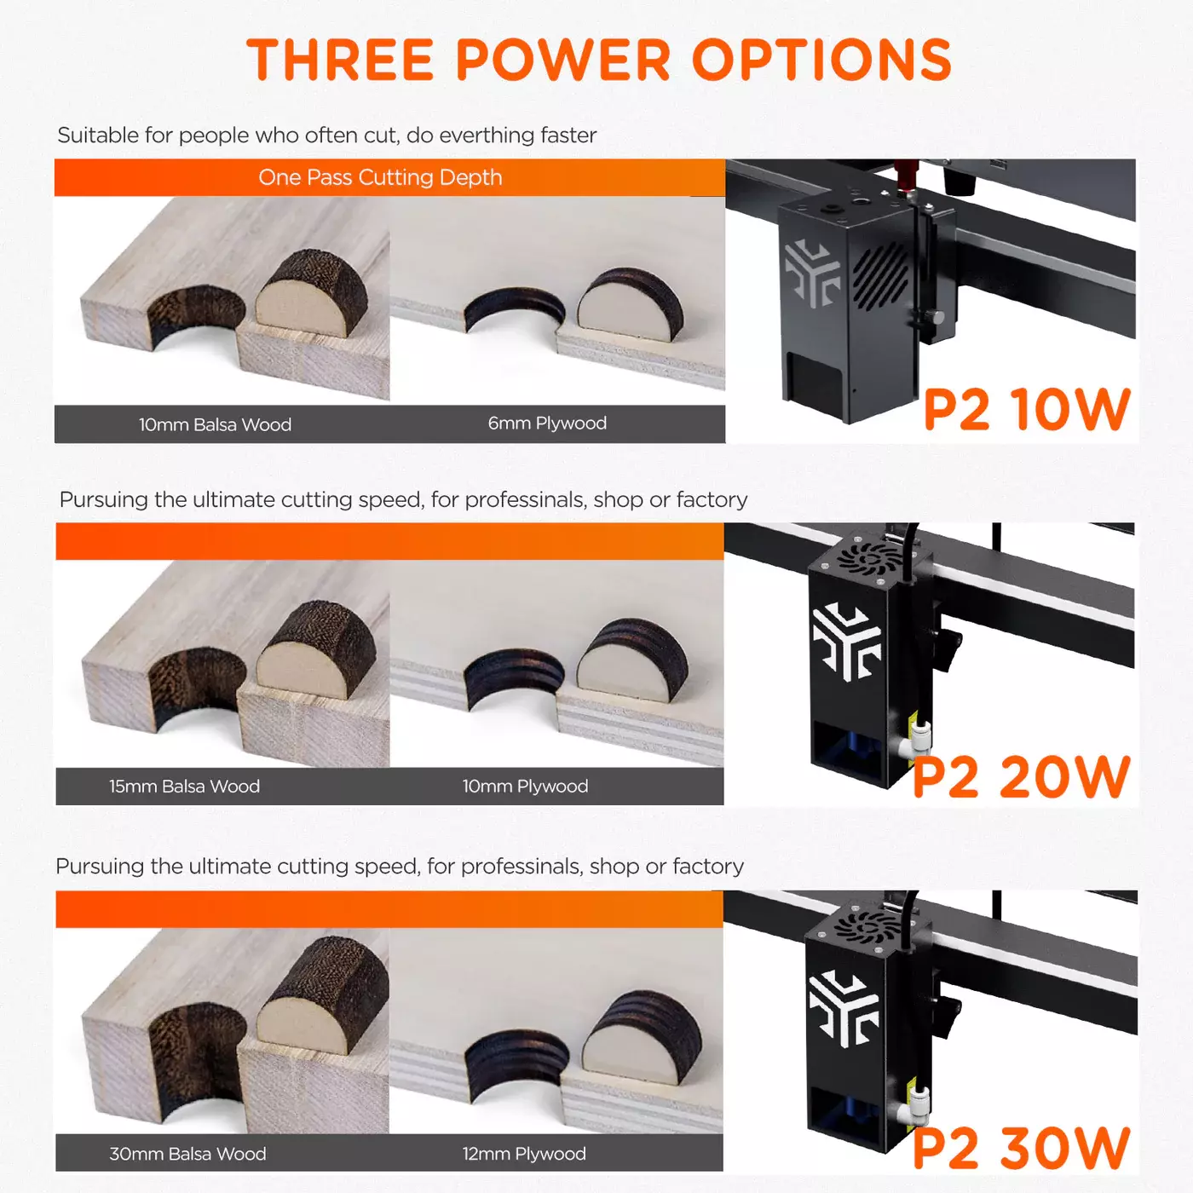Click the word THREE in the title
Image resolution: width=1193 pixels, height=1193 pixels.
click(340, 60)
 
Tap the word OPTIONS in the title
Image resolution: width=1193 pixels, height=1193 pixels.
click(821, 60)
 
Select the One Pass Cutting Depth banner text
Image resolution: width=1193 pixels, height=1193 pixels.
click(380, 178)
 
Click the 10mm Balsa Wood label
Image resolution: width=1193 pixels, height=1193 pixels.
click(215, 424)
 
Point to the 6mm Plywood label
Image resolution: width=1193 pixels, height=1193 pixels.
click(547, 424)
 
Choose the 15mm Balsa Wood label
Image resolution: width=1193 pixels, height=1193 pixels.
click(185, 787)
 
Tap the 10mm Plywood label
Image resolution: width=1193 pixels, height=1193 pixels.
click(525, 787)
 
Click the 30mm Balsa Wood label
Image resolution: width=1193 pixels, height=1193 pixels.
click(187, 1154)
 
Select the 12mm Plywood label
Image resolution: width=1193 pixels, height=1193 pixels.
click(524, 1154)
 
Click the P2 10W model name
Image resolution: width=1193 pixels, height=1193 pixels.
click(1027, 409)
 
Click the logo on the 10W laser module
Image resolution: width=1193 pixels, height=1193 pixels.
click(811, 273)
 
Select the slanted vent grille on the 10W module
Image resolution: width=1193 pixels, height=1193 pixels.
click(880, 274)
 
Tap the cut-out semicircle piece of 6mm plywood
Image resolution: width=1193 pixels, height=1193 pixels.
click(631, 305)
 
